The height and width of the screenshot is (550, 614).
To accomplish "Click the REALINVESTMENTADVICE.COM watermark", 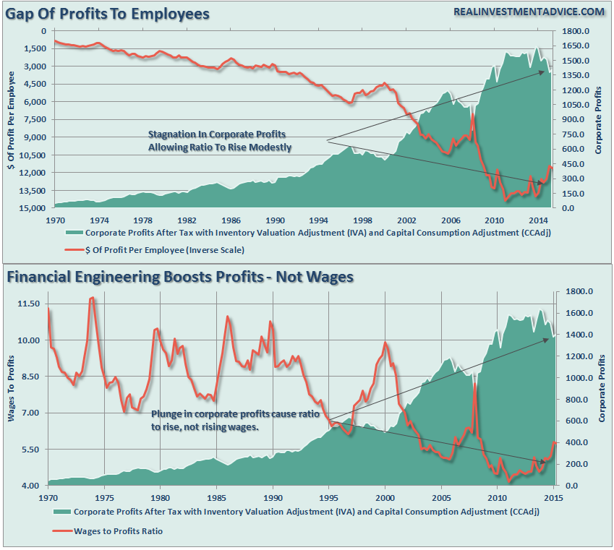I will pyautogui.click(x=529, y=12).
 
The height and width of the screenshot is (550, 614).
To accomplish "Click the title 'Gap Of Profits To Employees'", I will pyautogui.click(x=108, y=14).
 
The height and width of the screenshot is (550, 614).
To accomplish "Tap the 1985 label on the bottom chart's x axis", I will pyautogui.click(x=217, y=498).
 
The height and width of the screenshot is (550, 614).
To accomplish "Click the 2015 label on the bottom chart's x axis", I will pyautogui.click(x=554, y=498).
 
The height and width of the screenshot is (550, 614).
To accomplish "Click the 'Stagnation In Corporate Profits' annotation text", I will pyautogui.click(x=216, y=134).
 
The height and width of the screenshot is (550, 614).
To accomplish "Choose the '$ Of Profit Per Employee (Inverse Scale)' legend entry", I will pyautogui.click(x=166, y=250).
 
